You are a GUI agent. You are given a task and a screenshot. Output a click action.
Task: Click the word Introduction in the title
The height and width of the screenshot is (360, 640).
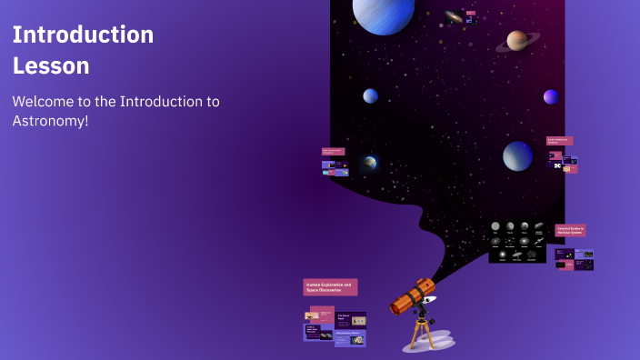point(83,35)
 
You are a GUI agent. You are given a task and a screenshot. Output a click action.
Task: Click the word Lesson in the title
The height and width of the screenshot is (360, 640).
point(51,66)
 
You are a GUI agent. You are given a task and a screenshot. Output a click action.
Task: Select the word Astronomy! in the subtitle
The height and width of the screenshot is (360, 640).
point(50,121)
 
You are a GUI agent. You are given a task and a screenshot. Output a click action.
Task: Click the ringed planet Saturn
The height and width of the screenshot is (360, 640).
point(517,40)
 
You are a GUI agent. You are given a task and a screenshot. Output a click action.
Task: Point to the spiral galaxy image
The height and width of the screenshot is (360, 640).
point(454,16)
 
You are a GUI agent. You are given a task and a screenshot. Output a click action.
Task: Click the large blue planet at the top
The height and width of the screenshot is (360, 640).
point(383,14)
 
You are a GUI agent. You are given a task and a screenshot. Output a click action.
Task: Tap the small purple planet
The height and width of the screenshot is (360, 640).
point(550,96)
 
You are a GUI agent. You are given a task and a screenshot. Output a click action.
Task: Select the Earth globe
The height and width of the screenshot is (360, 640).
point(370,164)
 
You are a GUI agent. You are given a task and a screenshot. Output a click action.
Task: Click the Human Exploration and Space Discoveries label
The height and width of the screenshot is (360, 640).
point(330,286)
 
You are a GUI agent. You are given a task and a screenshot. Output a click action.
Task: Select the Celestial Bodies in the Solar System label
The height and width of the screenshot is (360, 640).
point(571,231)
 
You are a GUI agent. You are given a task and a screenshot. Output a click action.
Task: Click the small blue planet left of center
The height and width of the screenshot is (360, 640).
point(371,96)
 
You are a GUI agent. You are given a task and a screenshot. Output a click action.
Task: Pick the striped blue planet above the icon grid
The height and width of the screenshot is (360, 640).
point(517,156)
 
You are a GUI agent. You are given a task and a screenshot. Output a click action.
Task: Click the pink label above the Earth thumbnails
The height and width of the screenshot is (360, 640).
point(559,141)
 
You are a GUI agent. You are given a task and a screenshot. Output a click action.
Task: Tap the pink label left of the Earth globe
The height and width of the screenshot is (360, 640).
point(333,152)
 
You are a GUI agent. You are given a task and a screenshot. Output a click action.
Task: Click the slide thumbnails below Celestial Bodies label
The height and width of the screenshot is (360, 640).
point(574,258)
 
